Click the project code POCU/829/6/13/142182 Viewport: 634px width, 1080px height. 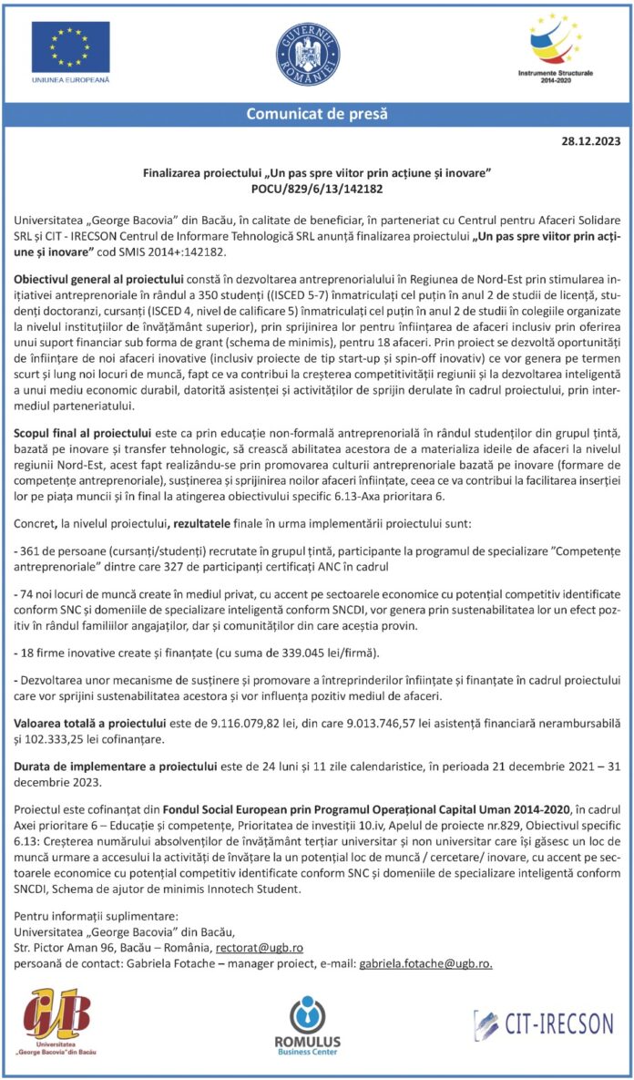click(317, 189)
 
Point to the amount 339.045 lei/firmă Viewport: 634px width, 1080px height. click(318, 654)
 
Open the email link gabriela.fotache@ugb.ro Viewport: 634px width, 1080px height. click(425, 963)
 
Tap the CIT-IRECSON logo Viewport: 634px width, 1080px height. click(543, 1022)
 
